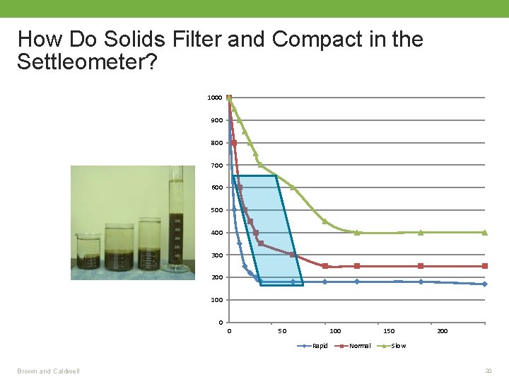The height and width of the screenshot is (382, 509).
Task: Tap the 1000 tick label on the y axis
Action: pyautogui.click(x=214, y=98)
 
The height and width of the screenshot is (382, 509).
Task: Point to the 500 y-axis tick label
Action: pyautogui.click(x=216, y=210)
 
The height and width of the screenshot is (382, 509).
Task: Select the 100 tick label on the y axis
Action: pyautogui.click(x=216, y=300)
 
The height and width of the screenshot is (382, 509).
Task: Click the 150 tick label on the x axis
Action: pyautogui.click(x=389, y=331)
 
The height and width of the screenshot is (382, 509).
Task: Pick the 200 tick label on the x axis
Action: pyautogui.click(x=442, y=331)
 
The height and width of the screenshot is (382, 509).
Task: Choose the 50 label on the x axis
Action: pyautogui.click(x=281, y=331)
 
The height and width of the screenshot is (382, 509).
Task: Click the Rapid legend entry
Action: pyautogui.click(x=320, y=346)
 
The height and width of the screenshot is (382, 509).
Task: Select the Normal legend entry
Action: pyautogui.click(x=360, y=346)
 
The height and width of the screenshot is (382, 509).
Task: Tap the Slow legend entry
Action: pyautogui.click(x=398, y=346)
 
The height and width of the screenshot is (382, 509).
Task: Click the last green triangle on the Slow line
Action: pyautogui.click(x=485, y=232)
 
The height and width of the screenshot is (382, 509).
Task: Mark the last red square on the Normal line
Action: pyautogui.click(x=485, y=266)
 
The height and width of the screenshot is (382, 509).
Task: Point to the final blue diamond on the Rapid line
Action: pyautogui.click(x=485, y=284)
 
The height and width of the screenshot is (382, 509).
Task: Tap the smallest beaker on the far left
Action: pyautogui.click(x=88, y=253)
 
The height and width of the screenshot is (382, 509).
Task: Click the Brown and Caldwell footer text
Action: pyautogui.click(x=49, y=371)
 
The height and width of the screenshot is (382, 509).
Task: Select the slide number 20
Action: pyautogui.click(x=488, y=371)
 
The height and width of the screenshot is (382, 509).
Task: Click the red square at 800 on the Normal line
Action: pyautogui.click(x=234, y=143)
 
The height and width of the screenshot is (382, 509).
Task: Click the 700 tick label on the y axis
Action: pyautogui.click(x=216, y=166)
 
